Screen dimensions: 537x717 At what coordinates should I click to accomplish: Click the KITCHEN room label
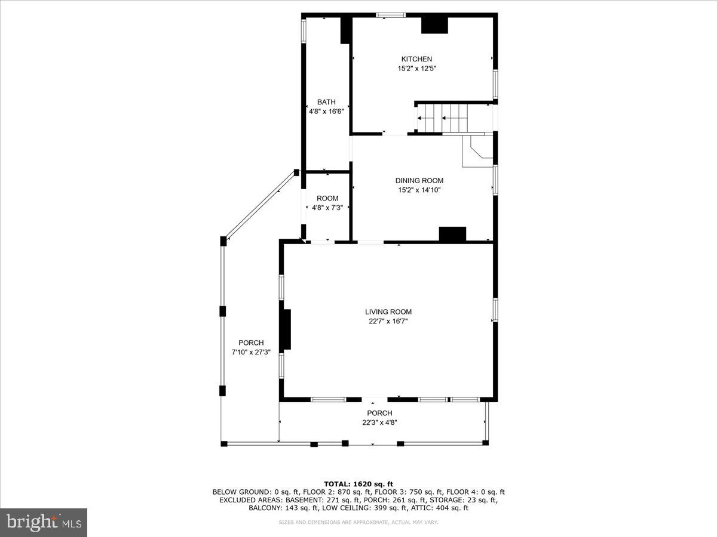pyautogui.click(x=416, y=59)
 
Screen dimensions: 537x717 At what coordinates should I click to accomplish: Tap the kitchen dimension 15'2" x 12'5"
pyautogui.click(x=416, y=69)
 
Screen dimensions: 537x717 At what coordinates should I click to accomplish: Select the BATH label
pyautogui.click(x=326, y=102)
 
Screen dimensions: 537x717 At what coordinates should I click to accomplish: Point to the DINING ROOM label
pyautogui.click(x=419, y=181)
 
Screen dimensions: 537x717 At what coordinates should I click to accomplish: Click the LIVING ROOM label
pyautogui.click(x=388, y=311)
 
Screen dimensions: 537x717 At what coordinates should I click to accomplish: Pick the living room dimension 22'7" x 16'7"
pyautogui.click(x=388, y=321)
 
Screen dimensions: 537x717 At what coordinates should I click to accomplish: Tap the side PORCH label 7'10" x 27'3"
pyautogui.click(x=251, y=347)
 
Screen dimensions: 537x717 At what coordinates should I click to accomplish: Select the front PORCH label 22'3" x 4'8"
pyautogui.click(x=379, y=418)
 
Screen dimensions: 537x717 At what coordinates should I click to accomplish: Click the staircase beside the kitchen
pyautogui.click(x=454, y=117)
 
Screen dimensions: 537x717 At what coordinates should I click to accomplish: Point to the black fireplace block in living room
pyautogui.click(x=286, y=329)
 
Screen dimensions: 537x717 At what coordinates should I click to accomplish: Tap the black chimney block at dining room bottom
pyautogui.click(x=452, y=234)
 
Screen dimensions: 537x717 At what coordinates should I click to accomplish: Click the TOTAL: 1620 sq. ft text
pyautogui.click(x=358, y=484)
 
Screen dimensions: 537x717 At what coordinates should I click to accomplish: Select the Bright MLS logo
pyautogui.click(x=44, y=523)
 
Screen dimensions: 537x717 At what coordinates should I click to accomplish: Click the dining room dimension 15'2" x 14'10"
pyautogui.click(x=419, y=190)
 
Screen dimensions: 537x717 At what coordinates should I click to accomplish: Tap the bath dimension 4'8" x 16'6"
pyautogui.click(x=326, y=111)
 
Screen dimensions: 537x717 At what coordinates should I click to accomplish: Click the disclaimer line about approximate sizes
pyautogui.click(x=358, y=523)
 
